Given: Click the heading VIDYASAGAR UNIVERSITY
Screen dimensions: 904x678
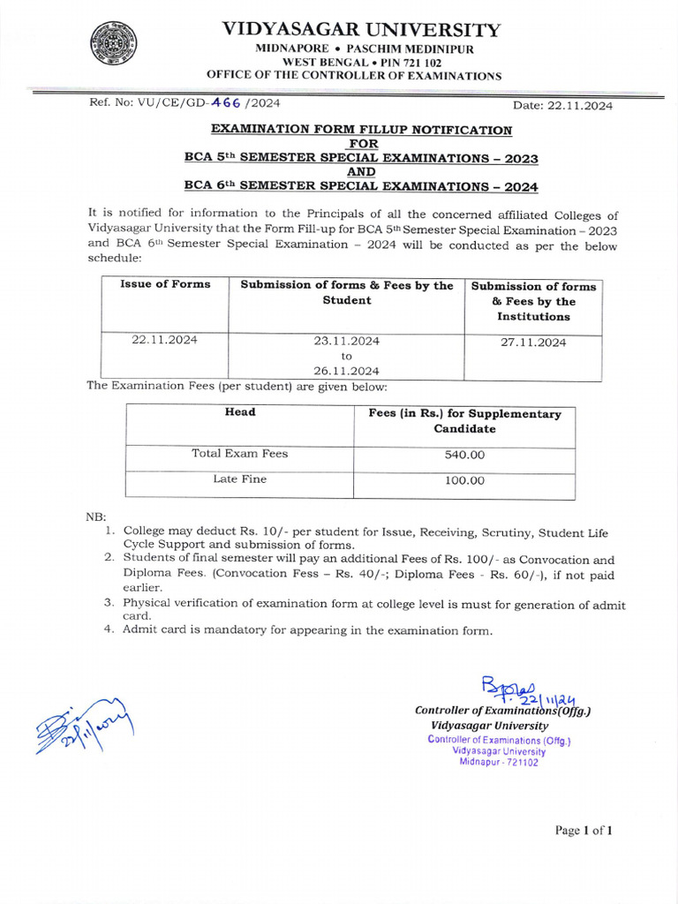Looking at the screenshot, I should [x=361, y=29].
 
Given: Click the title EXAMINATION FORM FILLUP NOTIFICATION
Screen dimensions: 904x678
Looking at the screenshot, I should [x=361, y=130].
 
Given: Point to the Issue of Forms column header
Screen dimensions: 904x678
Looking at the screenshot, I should [x=165, y=284].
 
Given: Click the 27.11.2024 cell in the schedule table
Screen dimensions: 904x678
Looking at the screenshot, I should [x=533, y=343].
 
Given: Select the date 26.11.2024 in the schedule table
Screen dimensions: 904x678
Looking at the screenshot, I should [x=346, y=371].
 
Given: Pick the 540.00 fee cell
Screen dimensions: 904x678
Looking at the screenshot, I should [x=463, y=456].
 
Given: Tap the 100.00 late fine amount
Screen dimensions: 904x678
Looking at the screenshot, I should [x=463, y=481].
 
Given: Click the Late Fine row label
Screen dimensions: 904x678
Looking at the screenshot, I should [x=239, y=479].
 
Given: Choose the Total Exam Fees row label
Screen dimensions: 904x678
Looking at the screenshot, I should [x=239, y=454].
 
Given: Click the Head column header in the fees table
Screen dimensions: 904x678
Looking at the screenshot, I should [x=239, y=412].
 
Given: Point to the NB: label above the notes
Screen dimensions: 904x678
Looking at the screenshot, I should [x=94, y=516].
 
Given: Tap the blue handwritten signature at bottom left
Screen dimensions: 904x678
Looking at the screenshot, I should [x=82, y=724].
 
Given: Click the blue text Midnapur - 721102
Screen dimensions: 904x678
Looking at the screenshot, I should [x=499, y=763].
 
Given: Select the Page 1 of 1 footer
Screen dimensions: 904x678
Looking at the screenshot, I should [x=583, y=830].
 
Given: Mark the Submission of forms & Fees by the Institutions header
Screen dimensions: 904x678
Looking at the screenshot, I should [x=533, y=301].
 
